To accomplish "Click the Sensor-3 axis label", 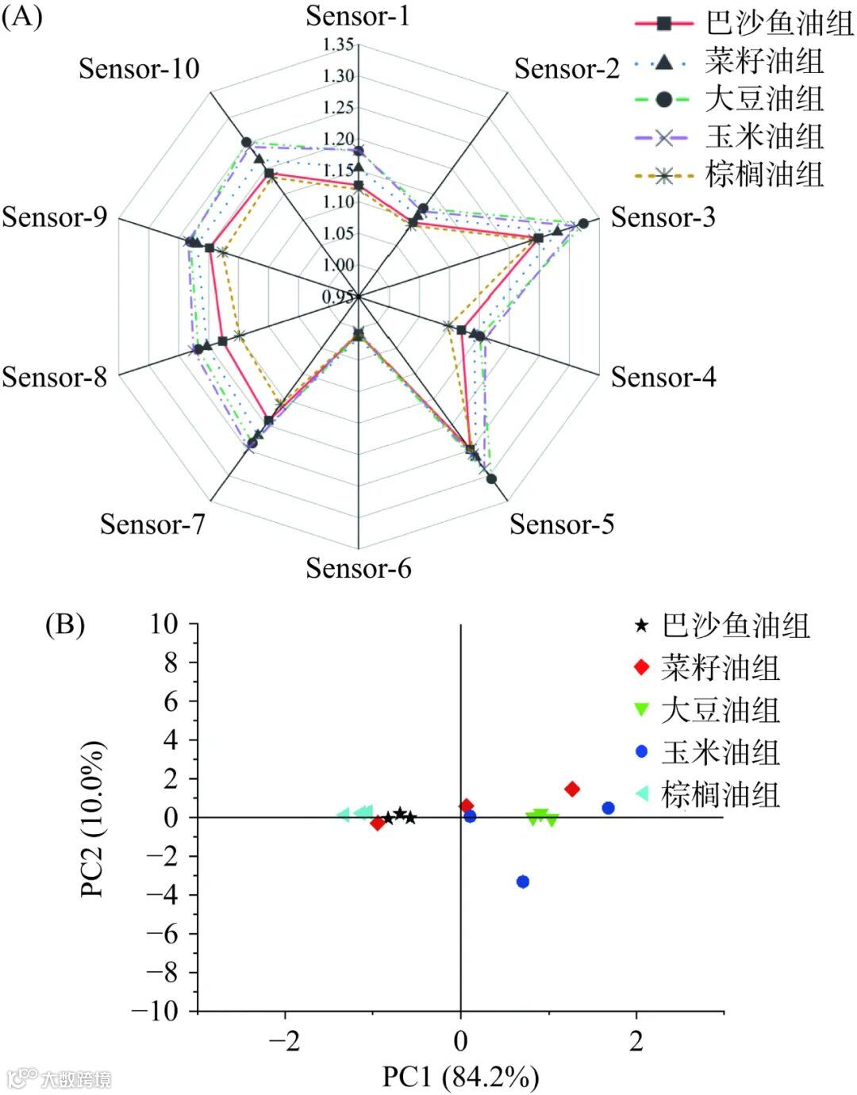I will tap(663, 217).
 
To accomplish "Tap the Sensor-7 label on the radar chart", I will tap(152, 524).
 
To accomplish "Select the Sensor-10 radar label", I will tap(139, 68).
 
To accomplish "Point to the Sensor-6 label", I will tap(359, 568).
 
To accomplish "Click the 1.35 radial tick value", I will tap(339, 44).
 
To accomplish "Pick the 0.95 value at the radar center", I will tap(337, 297).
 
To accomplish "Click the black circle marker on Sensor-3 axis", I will tap(583, 224).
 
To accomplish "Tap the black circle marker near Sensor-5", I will tap(491, 478).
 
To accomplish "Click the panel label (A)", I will tap(21, 16).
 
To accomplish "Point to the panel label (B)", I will tap(64, 625).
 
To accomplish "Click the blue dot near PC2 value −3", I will tap(523, 882).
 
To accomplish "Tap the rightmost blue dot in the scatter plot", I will tap(609, 808).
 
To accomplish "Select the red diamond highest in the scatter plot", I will tap(571, 789).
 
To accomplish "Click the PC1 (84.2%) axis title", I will tap(460, 1076).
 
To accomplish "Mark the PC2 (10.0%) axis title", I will tap(92, 818).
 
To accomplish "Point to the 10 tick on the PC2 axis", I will tap(164, 624).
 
